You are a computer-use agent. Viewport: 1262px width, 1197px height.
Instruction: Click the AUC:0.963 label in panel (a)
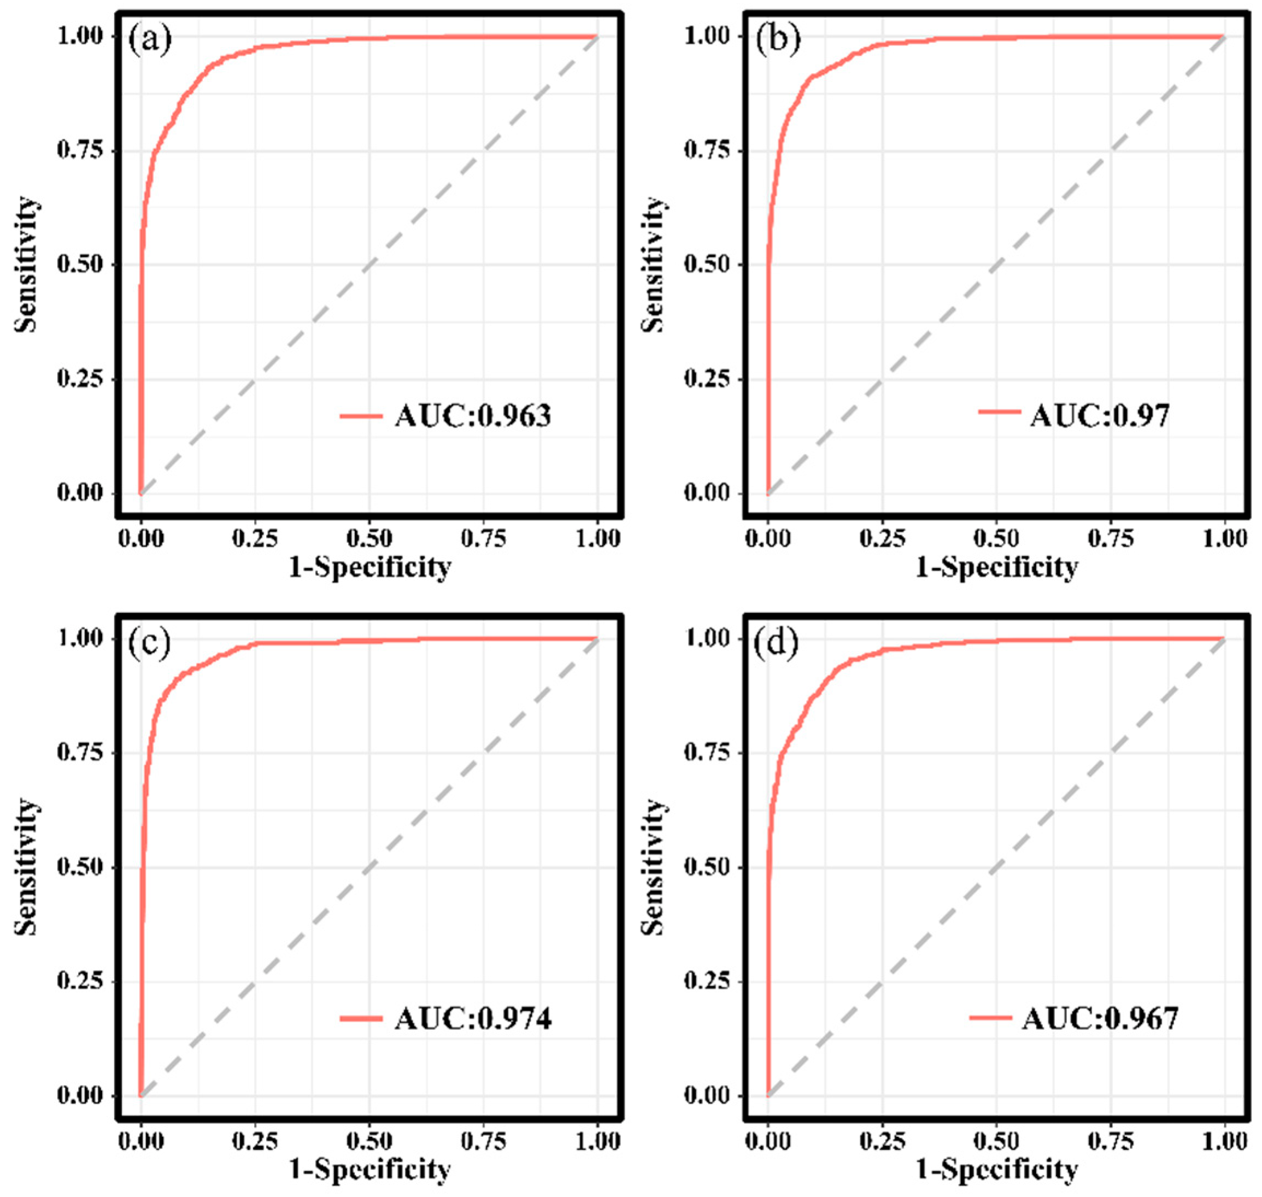pyautogui.click(x=472, y=416)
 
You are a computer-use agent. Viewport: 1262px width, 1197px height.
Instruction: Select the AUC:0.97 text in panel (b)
pyautogui.click(x=1099, y=416)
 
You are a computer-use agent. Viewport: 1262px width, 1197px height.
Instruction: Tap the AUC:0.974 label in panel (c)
pyautogui.click(x=472, y=1019)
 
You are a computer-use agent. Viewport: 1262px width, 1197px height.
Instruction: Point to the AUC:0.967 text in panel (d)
pyautogui.click(x=1099, y=1019)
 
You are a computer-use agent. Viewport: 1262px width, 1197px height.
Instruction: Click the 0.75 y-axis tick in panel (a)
pyautogui.click(x=80, y=151)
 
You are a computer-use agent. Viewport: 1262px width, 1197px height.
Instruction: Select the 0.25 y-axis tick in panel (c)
pyautogui.click(x=80, y=981)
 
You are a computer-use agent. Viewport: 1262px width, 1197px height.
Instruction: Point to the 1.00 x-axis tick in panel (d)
pyautogui.click(x=1224, y=1140)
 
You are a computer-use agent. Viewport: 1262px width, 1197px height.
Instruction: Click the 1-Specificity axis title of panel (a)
pyautogui.click(x=370, y=567)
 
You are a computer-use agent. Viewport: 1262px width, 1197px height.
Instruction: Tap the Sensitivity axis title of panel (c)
pyautogui.click(x=27, y=868)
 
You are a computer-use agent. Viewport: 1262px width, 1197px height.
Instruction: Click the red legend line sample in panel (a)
pyautogui.click(x=361, y=416)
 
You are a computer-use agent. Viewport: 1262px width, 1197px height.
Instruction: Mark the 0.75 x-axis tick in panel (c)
pyautogui.click(x=483, y=1140)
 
